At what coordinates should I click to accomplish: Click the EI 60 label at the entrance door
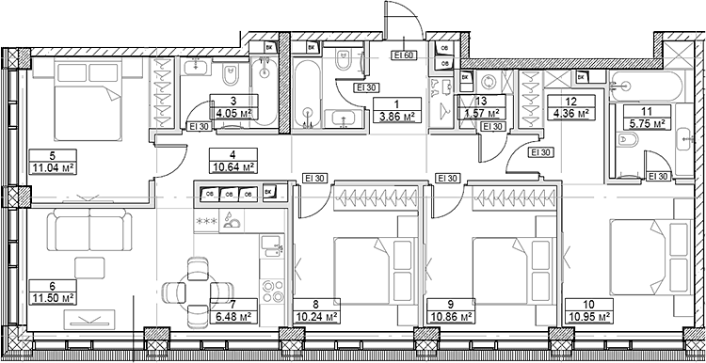(405, 55)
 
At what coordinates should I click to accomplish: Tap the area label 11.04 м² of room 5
(52, 168)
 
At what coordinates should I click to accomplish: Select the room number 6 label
(52, 285)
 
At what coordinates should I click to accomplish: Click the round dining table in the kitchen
(198, 287)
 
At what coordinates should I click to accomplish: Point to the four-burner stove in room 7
(273, 291)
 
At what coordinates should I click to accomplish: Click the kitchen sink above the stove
(271, 246)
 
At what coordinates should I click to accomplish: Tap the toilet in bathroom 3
(230, 75)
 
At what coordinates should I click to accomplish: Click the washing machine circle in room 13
(489, 83)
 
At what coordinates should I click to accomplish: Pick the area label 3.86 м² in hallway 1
(397, 117)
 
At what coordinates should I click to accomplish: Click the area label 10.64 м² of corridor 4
(233, 167)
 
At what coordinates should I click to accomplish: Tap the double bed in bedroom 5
(88, 103)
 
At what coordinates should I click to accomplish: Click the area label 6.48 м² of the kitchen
(233, 318)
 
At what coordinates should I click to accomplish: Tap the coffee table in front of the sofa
(89, 268)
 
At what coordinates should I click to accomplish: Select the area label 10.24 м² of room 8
(316, 318)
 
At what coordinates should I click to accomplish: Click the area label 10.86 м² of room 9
(449, 318)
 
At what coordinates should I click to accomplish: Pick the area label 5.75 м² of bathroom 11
(647, 124)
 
